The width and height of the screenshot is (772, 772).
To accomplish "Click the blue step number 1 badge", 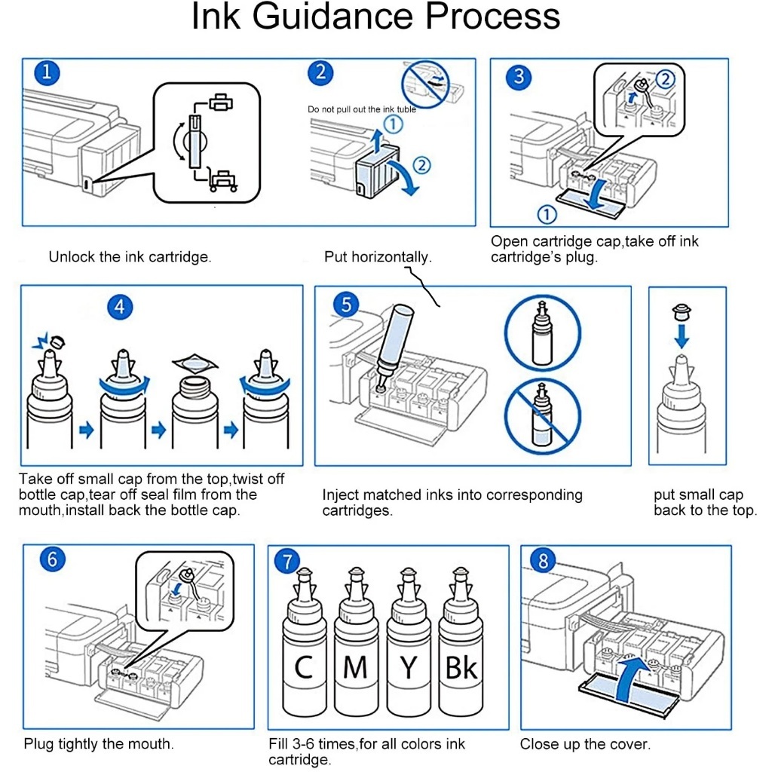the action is click(x=47, y=73).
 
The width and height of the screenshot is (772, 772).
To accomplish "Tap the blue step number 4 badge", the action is click(x=120, y=307).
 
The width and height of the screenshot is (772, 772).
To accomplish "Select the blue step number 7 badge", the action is click(x=287, y=561).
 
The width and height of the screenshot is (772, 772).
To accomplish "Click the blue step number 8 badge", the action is click(x=543, y=561).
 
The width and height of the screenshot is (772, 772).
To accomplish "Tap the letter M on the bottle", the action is click(x=356, y=668).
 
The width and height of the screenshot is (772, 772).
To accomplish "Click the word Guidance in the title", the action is click(x=332, y=16).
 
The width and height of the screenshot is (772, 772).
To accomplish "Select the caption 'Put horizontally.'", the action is click(x=378, y=256).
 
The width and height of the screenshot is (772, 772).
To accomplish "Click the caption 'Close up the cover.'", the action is click(x=585, y=744).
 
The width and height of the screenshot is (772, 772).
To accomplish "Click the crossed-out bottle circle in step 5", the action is click(x=543, y=416).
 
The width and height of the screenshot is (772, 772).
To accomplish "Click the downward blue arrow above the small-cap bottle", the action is click(x=682, y=335).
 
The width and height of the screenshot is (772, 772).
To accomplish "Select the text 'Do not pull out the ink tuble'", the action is click(x=362, y=109).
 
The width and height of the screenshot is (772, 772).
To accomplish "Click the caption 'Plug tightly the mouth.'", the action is click(x=99, y=743).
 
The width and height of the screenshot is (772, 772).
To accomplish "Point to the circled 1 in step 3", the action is click(x=547, y=214).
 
